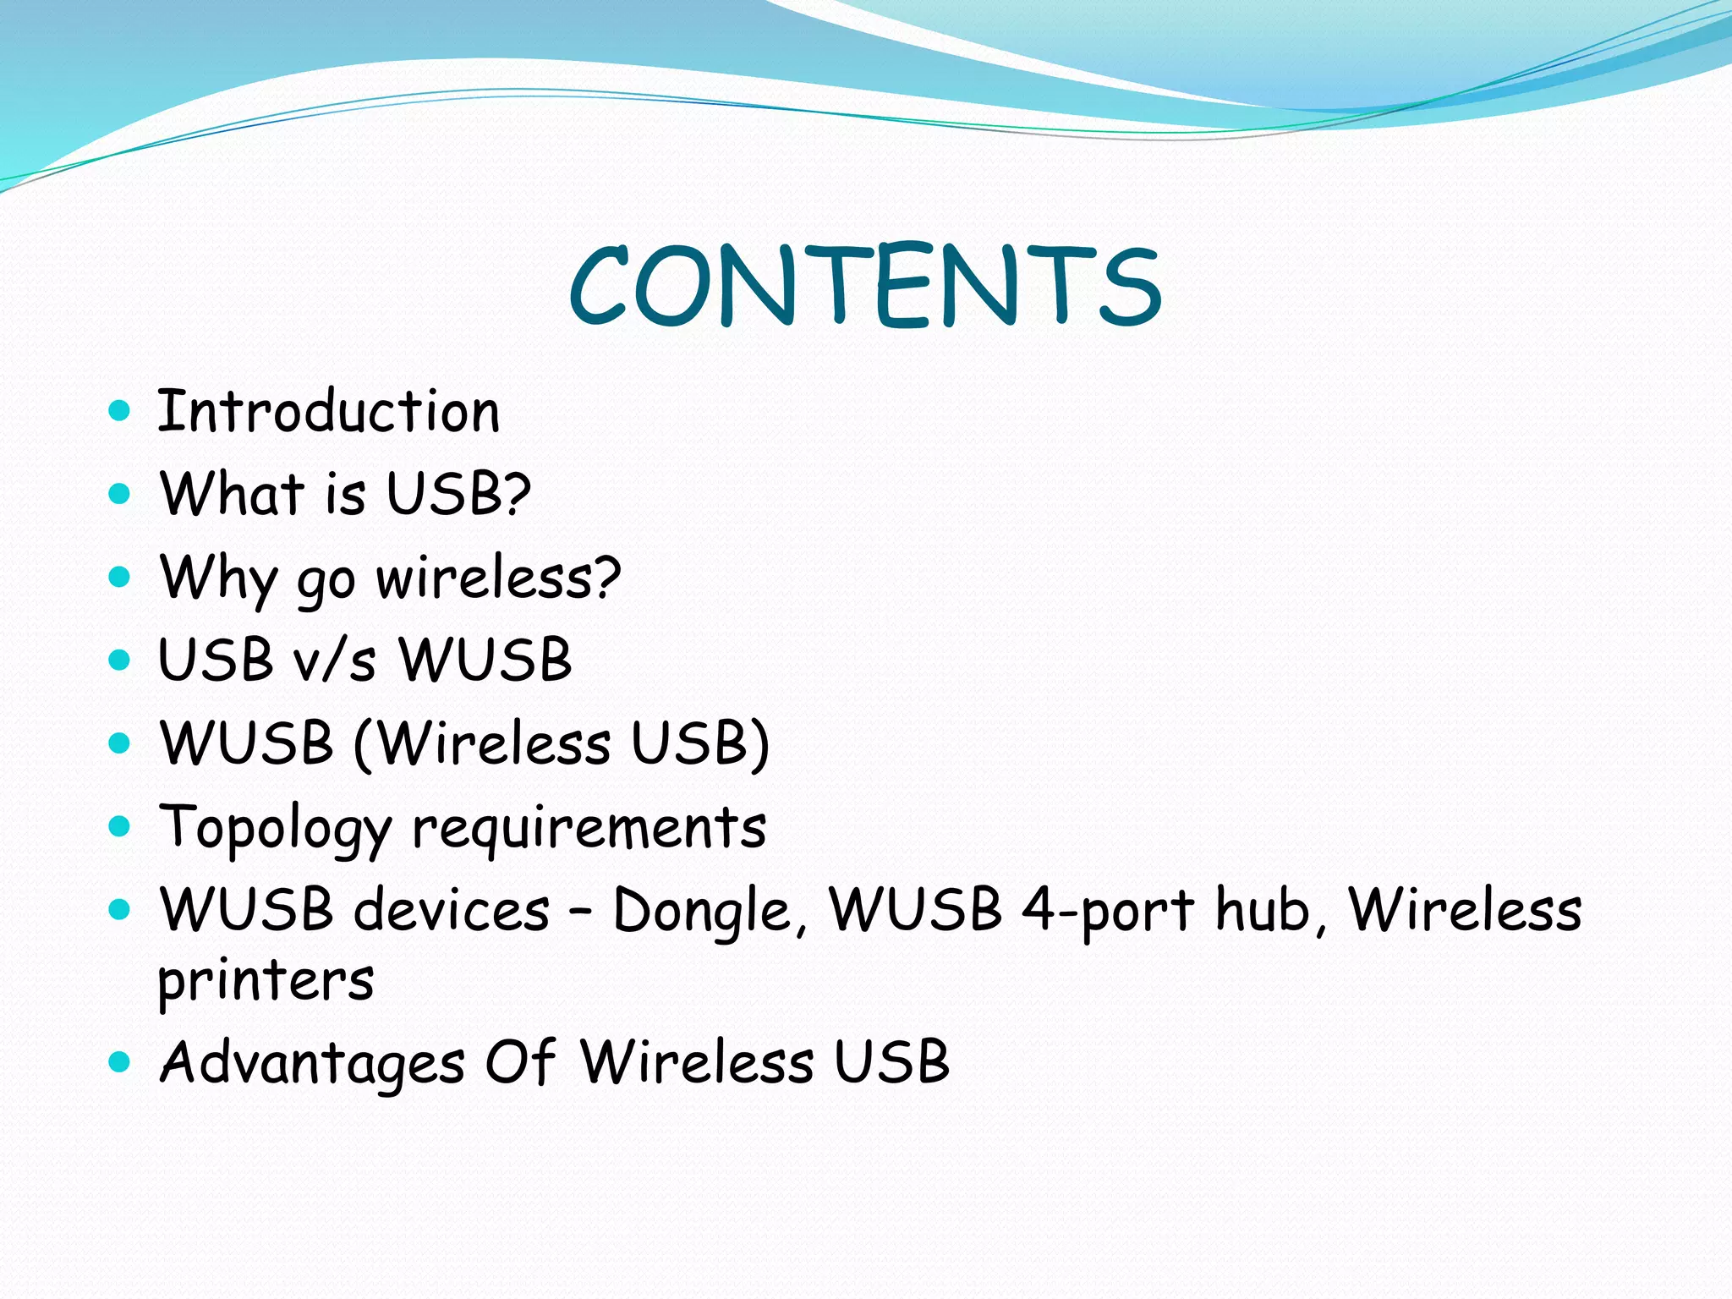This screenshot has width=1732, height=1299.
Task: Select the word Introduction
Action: click(x=329, y=412)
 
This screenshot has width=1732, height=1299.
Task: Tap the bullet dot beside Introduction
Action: click(x=120, y=412)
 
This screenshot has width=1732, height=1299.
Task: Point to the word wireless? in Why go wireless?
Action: click(x=498, y=578)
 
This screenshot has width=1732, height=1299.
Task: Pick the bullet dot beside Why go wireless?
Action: click(x=120, y=578)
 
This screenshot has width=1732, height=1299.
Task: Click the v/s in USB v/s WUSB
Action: click(x=335, y=660)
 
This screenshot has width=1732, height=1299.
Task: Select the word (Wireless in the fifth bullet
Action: click(x=482, y=743)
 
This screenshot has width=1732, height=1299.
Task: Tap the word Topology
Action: click(x=276, y=828)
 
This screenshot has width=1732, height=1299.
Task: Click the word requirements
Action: click(x=589, y=828)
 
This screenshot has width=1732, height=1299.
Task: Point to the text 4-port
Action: click(x=1109, y=911)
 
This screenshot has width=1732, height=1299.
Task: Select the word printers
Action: click(x=266, y=981)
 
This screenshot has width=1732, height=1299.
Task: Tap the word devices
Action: click(x=452, y=911)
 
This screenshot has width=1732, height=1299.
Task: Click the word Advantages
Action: click(x=312, y=1062)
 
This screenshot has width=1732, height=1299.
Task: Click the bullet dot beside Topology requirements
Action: click(x=120, y=826)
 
